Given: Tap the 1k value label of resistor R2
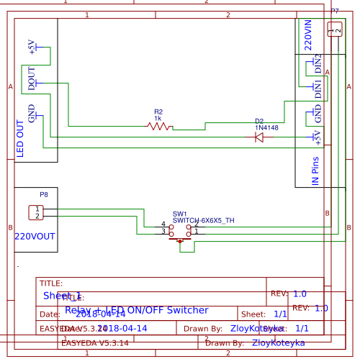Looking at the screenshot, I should [x=158, y=118].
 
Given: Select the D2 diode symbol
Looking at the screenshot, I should [x=259, y=137].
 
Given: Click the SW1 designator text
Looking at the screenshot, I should [x=180, y=214].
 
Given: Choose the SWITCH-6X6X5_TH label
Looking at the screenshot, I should [x=203, y=221].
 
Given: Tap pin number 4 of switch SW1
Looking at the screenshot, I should [x=163, y=225].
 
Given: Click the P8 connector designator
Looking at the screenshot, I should [x=44, y=194].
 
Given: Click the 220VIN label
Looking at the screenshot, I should [x=308, y=35].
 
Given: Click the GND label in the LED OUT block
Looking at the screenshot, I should [x=31, y=113].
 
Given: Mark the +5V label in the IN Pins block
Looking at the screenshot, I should [x=318, y=137].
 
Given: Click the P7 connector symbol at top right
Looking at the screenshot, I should [x=334, y=29].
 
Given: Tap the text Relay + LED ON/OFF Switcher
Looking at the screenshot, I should [x=137, y=310].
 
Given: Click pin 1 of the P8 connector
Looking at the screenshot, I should [x=35, y=209].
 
